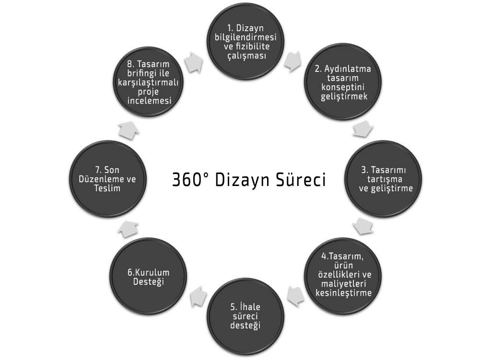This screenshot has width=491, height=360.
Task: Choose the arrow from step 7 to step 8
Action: [x=129, y=129]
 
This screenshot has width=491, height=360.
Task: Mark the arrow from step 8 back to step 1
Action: [x=196, y=61]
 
